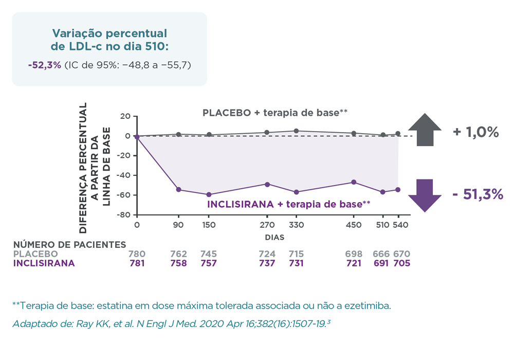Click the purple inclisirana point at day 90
(178, 190)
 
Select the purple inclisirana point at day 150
(209, 194)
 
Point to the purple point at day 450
(354, 182)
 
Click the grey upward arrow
(425, 130)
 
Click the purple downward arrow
(425, 195)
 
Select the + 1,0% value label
(476, 132)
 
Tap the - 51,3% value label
(478, 195)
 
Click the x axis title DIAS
(274, 238)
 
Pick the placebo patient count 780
(137, 254)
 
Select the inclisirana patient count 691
(382, 263)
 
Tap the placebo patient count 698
(354, 254)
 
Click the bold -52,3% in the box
(45, 65)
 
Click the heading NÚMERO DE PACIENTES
(69, 245)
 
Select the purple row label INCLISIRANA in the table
(44, 263)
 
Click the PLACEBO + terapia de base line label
(276, 113)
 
